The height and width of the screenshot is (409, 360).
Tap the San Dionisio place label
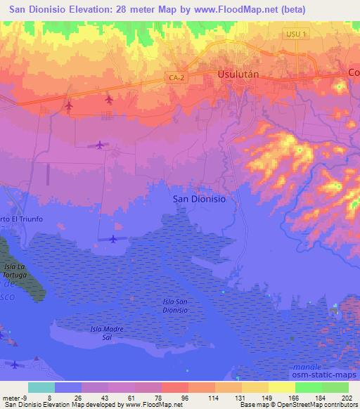tap(199, 199)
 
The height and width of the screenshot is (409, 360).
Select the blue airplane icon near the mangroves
tap(113, 239)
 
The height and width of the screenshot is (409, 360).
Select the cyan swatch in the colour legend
tap(41, 387)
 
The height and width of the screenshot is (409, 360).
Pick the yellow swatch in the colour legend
tap(281, 387)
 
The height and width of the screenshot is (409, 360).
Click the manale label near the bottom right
tap(307, 367)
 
